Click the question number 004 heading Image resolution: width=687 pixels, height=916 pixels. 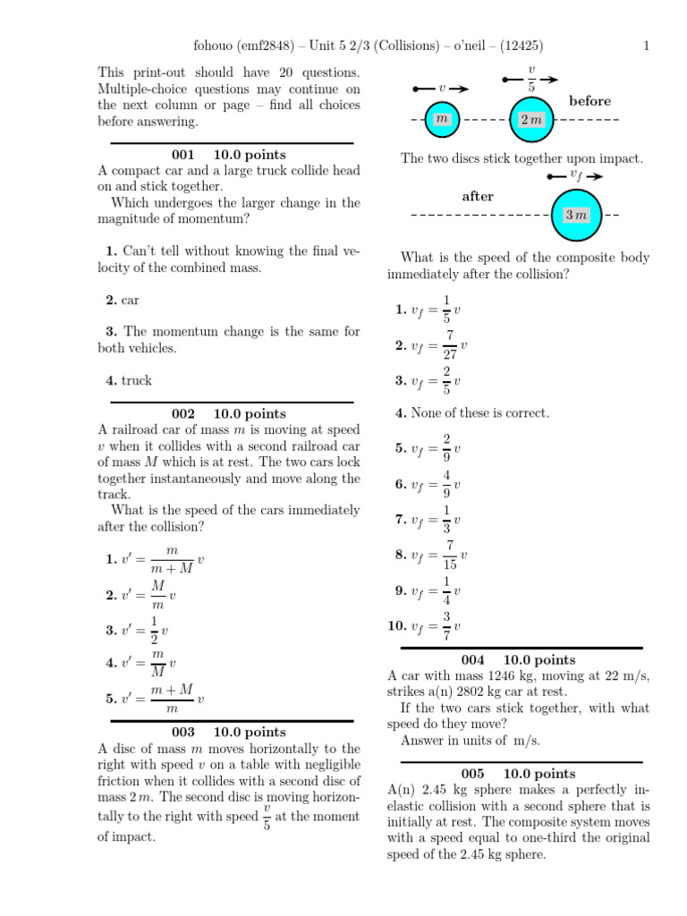coord(472,660)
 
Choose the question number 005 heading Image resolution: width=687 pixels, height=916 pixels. coord(472,774)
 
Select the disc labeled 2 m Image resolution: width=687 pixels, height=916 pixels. coord(531,120)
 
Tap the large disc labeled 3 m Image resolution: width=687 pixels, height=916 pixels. coord(575,216)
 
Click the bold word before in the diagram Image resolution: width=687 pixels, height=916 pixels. coord(589,101)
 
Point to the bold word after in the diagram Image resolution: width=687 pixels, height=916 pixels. coord(477,197)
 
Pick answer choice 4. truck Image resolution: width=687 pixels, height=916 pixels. coord(129,380)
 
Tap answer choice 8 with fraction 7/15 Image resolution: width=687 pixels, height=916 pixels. coord(431,556)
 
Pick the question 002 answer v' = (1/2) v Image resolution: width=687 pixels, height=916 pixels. coord(137,631)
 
